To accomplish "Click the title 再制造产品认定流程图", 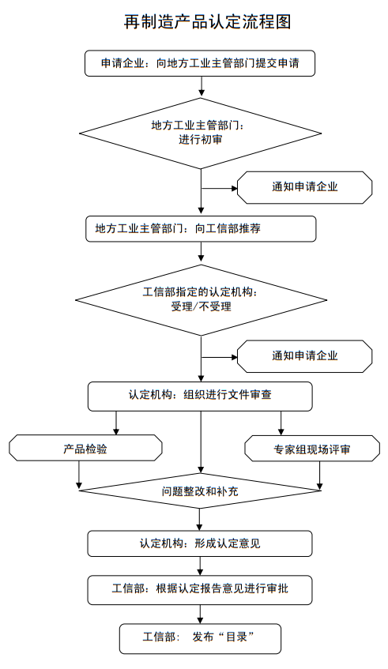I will pos(208,21).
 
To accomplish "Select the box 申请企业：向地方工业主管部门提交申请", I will pos(200,63).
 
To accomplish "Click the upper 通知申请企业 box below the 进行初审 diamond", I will pos(305,188).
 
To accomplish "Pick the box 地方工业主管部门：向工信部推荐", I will pos(201,228).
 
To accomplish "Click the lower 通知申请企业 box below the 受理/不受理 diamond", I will pos(305,355).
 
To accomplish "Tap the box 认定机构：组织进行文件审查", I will pos(200,395).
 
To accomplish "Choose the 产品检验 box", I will pos(85,448).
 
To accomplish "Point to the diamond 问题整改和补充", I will pos(201,491).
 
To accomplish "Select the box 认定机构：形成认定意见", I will pos(200,543).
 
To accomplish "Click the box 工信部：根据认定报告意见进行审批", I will pos(200,588).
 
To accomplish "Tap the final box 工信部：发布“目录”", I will pos(200,637).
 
